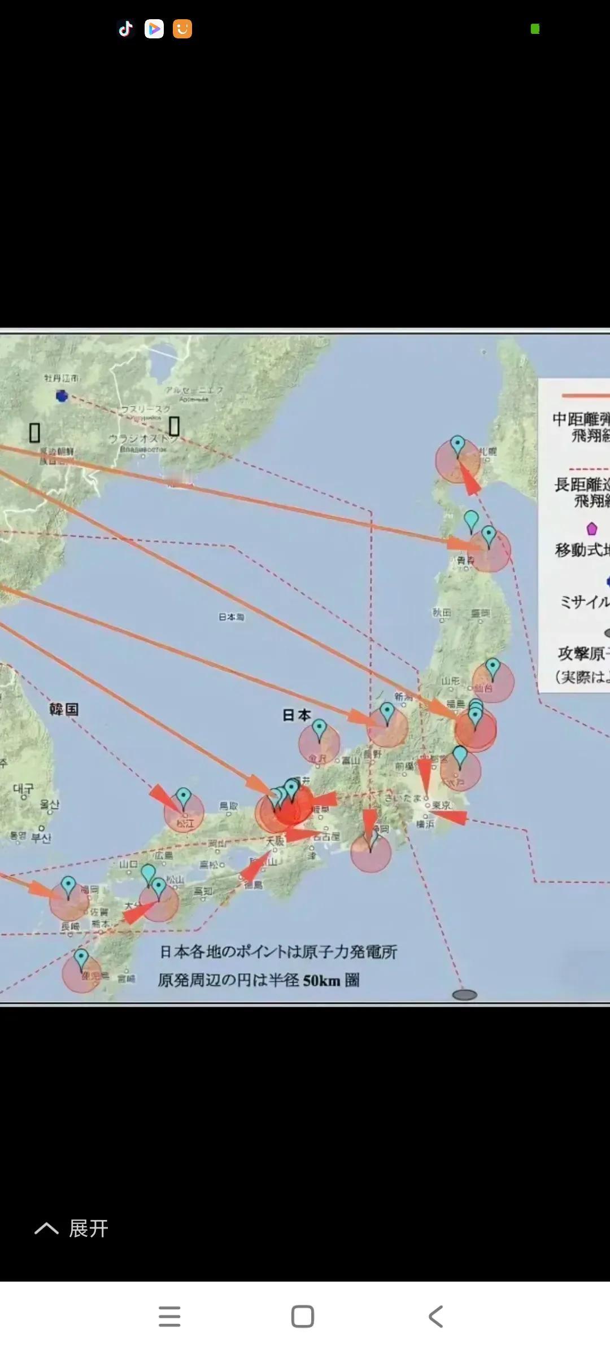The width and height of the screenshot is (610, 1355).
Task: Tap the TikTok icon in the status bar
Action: pyautogui.click(x=125, y=28)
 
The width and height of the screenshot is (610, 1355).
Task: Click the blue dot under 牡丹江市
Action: pyautogui.click(x=62, y=396)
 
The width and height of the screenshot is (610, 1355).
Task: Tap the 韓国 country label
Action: pyautogui.click(x=63, y=709)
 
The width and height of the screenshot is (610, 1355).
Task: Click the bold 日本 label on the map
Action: pyautogui.click(x=297, y=715)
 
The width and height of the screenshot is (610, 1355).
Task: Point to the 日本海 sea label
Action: pyautogui.click(x=232, y=617)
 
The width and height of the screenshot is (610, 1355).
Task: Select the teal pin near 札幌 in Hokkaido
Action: pyautogui.click(x=457, y=445)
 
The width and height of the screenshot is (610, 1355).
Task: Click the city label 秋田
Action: pyautogui.click(x=442, y=613)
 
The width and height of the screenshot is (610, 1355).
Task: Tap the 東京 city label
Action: pyautogui.click(x=441, y=806)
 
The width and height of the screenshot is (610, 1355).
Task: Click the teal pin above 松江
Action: pyautogui.click(x=184, y=797)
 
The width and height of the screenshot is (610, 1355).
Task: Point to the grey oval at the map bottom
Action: pyautogui.click(x=465, y=995)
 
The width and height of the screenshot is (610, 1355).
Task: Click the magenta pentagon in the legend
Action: pyautogui.click(x=592, y=528)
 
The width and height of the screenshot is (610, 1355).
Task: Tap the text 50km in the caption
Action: pyautogui.click(x=321, y=981)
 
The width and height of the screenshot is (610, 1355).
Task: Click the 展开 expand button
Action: pyautogui.click(x=72, y=1229)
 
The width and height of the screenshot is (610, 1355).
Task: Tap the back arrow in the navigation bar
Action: pyautogui.click(x=435, y=1316)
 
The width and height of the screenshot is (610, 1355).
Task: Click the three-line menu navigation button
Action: pyautogui.click(x=169, y=1316)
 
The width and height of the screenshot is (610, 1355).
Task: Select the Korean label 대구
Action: pyautogui.click(x=23, y=789)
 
